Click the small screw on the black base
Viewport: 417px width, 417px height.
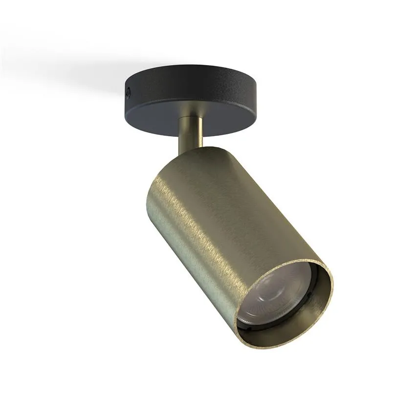(128, 90)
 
